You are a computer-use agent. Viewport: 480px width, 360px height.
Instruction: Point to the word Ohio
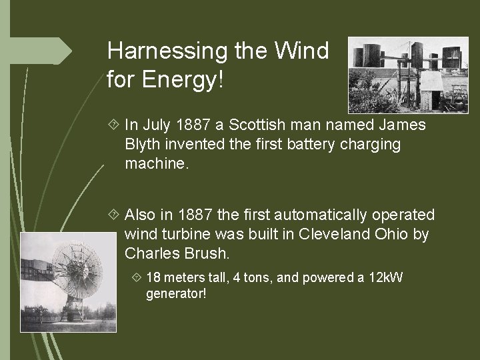point(394,234)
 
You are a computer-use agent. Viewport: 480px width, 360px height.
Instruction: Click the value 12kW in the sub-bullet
point(385,277)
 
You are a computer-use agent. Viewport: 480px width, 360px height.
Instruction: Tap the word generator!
point(176,293)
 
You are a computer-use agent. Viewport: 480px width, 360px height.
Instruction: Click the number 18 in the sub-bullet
point(153,277)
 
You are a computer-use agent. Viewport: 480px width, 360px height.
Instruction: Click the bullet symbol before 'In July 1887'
point(111,125)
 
